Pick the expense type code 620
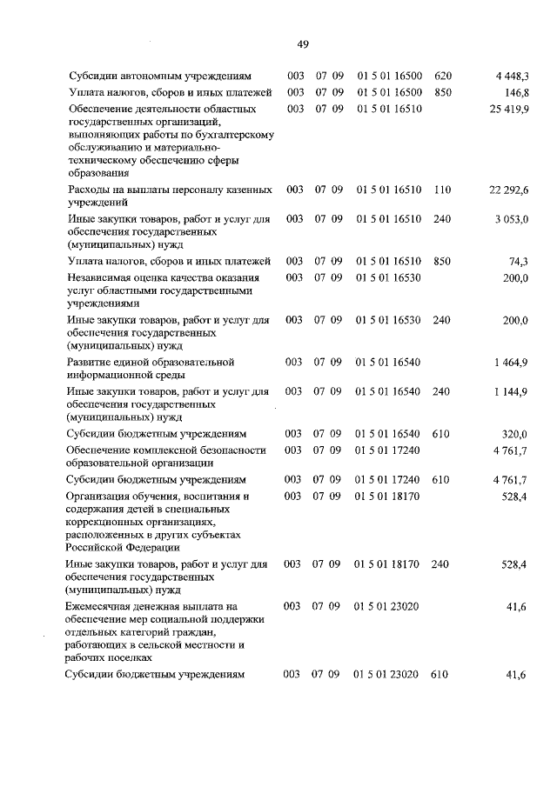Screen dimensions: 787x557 [443, 77]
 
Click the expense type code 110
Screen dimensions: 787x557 [442, 190]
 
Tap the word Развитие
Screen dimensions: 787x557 [91, 361]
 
